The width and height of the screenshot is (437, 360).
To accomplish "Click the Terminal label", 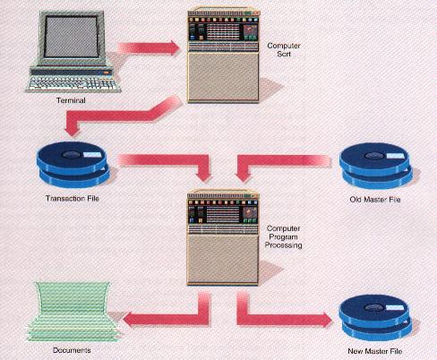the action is pyautogui.click(x=71, y=100).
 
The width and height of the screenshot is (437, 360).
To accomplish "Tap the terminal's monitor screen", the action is pyautogui.click(x=71, y=37).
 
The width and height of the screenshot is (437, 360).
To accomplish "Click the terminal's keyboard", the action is pyautogui.click(x=73, y=84).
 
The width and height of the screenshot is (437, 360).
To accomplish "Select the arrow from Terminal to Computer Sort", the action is pyautogui.click(x=149, y=47).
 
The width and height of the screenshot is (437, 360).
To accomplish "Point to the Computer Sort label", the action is pyautogui.click(x=284, y=50).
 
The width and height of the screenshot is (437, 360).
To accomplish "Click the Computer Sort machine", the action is pyautogui.click(x=223, y=56).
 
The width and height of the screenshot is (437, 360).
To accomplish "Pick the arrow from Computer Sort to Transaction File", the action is pyautogui.click(x=124, y=116).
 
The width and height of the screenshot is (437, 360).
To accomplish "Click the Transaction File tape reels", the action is pyautogui.click(x=73, y=165).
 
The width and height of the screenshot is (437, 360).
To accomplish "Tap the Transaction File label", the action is pyautogui.click(x=73, y=199).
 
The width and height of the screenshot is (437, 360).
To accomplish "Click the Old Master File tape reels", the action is pyautogui.click(x=376, y=166).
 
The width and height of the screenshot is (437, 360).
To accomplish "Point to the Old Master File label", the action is pyautogui.click(x=375, y=200).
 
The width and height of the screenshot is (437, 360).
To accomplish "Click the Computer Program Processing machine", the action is pyautogui.click(x=223, y=238).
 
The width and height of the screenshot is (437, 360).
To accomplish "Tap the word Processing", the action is pyautogui.click(x=283, y=245).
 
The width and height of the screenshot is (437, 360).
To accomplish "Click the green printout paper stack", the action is pyautogui.click(x=73, y=312).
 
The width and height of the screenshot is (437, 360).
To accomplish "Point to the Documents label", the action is pyautogui.click(x=72, y=350).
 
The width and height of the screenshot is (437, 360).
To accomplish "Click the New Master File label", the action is pyautogui.click(x=375, y=351).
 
